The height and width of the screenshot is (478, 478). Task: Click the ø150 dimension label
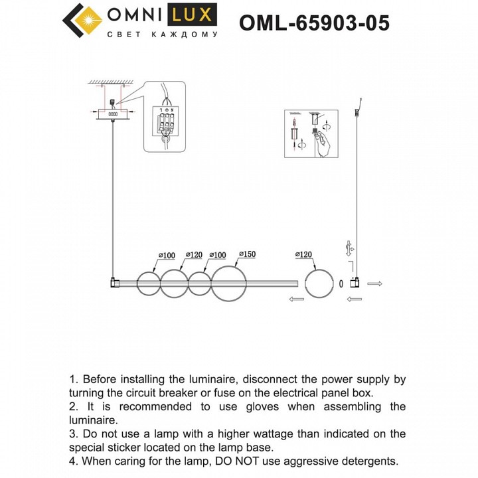coord(244,254)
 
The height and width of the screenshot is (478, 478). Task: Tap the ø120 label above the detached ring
coord(301,254)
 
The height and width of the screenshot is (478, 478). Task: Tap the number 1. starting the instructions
coord(74,380)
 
